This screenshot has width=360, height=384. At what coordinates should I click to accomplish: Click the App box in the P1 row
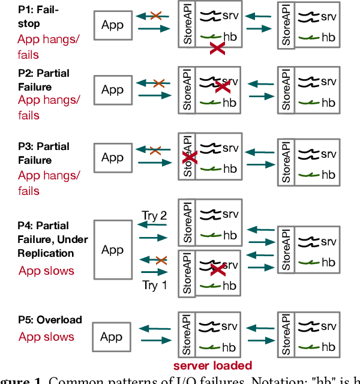(x=112, y=25)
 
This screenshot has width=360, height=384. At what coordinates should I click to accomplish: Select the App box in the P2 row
(x=112, y=89)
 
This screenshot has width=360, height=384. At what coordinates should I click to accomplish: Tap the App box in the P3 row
(x=112, y=157)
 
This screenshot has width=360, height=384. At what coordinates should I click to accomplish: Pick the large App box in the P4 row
(x=112, y=249)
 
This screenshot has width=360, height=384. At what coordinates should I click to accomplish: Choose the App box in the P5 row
(x=112, y=337)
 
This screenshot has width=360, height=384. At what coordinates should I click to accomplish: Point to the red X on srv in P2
(x=222, y=86)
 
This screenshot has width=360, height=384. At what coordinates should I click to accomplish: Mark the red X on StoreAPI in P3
(x=190, y=158)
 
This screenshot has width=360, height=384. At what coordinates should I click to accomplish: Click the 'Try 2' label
(x=154, y=215)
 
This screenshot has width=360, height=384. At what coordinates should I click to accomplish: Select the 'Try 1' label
(x=154, y=285)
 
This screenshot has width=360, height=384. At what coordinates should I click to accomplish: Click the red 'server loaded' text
(x=212, y=365)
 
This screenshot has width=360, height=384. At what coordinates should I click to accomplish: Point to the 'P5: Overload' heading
(x=50, y=320)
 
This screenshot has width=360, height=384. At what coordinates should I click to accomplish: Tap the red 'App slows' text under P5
(x=46, y=337)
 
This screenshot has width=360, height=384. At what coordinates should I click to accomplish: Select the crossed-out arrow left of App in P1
(x=155, y=16)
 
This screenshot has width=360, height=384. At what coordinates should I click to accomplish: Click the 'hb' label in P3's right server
(x=328, y=175)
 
